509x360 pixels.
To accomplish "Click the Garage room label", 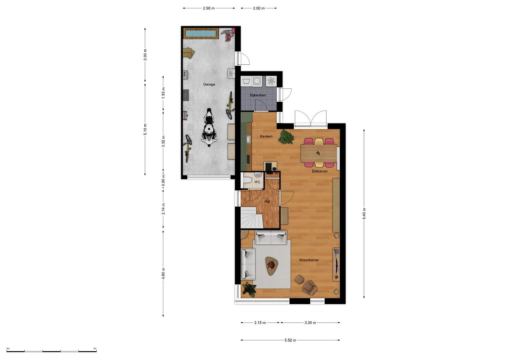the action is pyautogui.click(x=209, y=84).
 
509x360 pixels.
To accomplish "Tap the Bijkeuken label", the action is pyautogui.click(x=258, y=95).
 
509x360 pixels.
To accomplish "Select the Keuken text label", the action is pyautogui.click(x=266, y=136).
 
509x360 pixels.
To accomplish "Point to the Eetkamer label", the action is pyautogui.click(x=320, y=171).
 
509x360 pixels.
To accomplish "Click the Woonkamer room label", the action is pyautogui.click(x=309, y=260).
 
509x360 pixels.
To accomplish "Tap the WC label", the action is pyautogui.click(x=257, y=182).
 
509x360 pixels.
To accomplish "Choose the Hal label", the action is pyautogui.click(x=267, y=201).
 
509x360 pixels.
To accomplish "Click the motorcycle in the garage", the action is pyautogui.click(x=209, y=128).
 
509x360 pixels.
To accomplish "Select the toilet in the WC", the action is pyautogui.click(x=247, y=181).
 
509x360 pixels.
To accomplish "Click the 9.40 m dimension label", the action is pyautogui.click(x=364, y=214).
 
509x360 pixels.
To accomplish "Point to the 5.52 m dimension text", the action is pyautogui.click(x=290, y=340).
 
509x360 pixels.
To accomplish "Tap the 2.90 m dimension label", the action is pyautogui.click(x=209, y=8).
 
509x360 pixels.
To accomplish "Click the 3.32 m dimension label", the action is pyautogui.click(x=163, y=141).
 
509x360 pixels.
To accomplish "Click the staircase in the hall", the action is pyautogui.click(x=252, y=218).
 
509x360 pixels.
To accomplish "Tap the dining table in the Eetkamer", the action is pyautogui.click(x=319, y=153).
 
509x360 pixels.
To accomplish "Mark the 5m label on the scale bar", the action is pyautogui.click(x=95, y=348).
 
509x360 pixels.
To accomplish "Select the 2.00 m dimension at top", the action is pyautogui.click(x=259, y=8).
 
